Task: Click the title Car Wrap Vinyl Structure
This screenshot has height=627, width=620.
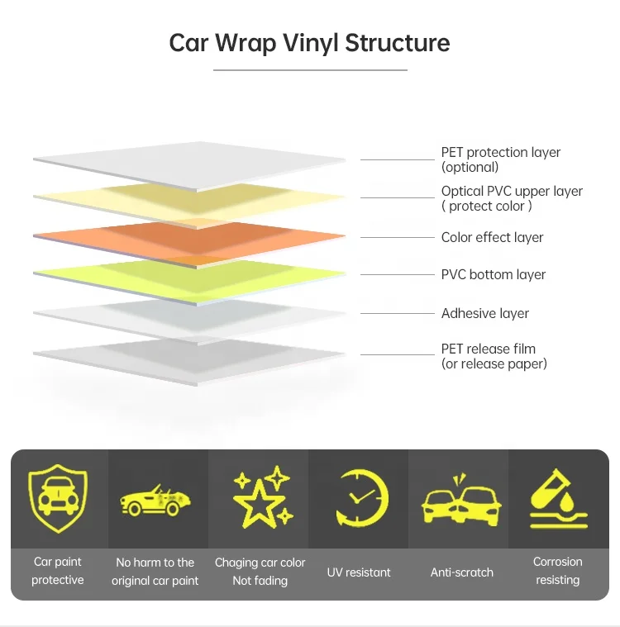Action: (309, 42)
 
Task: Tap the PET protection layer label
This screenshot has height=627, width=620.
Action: (500, 159)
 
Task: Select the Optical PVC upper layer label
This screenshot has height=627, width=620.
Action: (512, 198)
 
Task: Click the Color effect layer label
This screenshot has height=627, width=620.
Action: (492, 237)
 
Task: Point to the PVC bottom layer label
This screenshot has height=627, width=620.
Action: (494, 274)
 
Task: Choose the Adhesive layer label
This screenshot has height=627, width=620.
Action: (484, 313)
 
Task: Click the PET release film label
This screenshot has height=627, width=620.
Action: (494, 356)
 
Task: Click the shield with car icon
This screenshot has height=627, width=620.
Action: (58, 499)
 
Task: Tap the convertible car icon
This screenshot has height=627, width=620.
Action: (155, 500)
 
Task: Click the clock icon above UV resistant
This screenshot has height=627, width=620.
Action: (360, 499)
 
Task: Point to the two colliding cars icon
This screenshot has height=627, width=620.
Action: (461, 500)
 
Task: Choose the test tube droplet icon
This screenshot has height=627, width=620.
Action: (558, 499)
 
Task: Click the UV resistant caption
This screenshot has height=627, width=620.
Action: (359, 572)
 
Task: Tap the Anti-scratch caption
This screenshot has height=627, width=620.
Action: (461, 572)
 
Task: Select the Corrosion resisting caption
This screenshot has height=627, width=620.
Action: (558, 571)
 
